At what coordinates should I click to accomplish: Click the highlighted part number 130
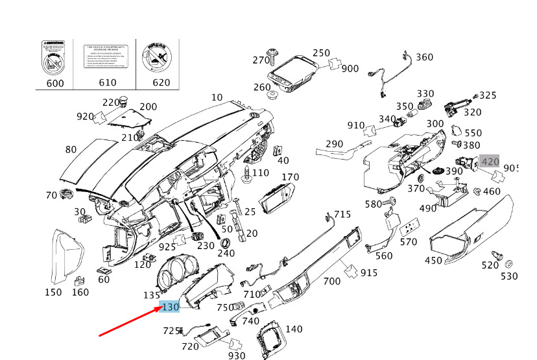click(170, 307)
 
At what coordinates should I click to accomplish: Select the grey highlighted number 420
click(490, 162)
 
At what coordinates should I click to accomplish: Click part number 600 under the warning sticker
click(54, 82)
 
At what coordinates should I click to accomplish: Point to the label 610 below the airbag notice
click(106, 82)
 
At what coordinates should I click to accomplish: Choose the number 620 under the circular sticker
click(160, 82)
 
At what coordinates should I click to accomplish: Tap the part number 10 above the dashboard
click(217, 97)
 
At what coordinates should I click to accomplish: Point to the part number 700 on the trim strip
click(331, 281)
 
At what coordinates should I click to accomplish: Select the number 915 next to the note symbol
click(368, 272)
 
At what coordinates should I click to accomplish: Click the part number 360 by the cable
click(424, 57)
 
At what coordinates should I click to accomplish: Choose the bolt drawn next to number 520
click(498, 256)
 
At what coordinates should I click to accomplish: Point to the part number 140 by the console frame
click(293, 329)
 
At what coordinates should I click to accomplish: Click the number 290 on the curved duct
click(334, 143)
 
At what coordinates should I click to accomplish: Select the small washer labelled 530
click(508, 263)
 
